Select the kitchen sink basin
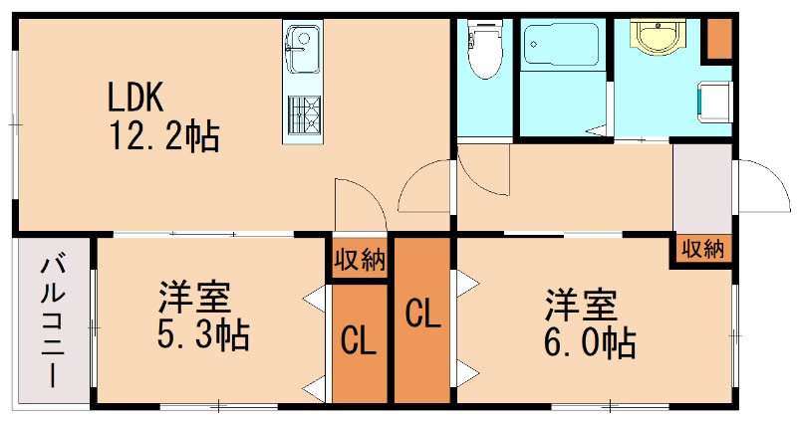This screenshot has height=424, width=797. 300,43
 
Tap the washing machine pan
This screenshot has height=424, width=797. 715,100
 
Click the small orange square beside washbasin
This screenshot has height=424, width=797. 719,38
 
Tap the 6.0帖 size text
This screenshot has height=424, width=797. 588,343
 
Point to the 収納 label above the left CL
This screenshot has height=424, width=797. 360,262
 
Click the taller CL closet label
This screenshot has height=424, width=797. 422,316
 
